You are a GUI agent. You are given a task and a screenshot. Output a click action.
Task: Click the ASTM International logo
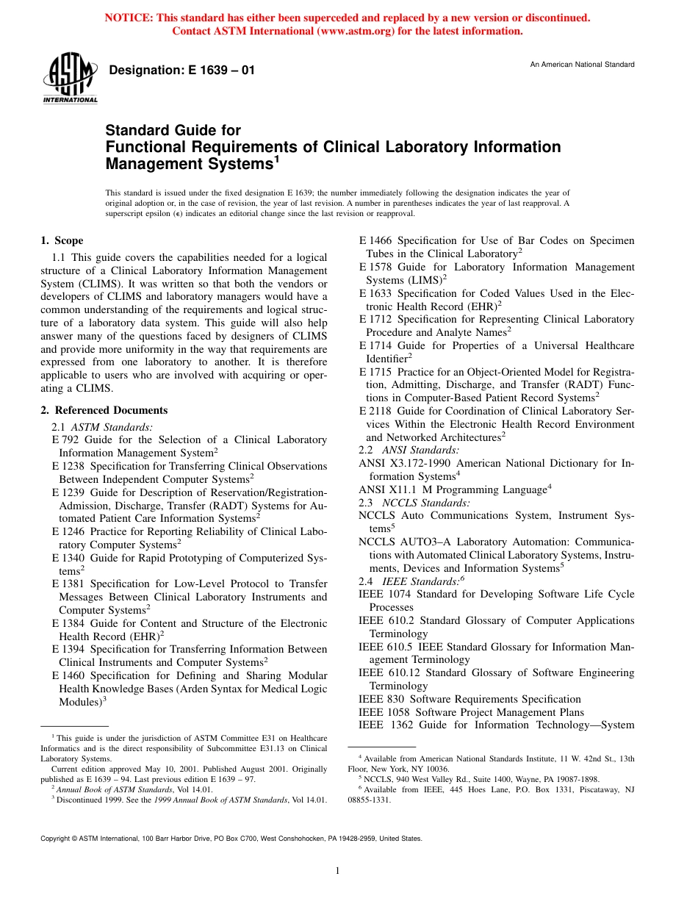point(70,79)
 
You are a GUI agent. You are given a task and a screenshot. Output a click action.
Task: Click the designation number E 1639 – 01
point(181,71)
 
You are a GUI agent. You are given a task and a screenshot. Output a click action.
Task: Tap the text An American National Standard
point(582,65)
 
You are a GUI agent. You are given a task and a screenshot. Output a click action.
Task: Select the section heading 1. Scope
point(62,240)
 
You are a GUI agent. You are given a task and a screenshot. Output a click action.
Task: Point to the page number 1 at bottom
point(337,871)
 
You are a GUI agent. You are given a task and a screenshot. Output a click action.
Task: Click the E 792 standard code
point(65,440)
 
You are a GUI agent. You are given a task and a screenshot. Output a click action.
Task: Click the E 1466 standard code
point(375,240)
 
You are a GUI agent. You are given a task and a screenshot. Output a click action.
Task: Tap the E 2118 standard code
point(375,411)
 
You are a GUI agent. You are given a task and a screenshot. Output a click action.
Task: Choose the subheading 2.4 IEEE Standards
point(411,581)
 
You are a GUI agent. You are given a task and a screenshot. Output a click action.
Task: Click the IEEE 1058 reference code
point(381,712)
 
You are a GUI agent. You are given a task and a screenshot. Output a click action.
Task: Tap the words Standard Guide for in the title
point(173,131)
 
